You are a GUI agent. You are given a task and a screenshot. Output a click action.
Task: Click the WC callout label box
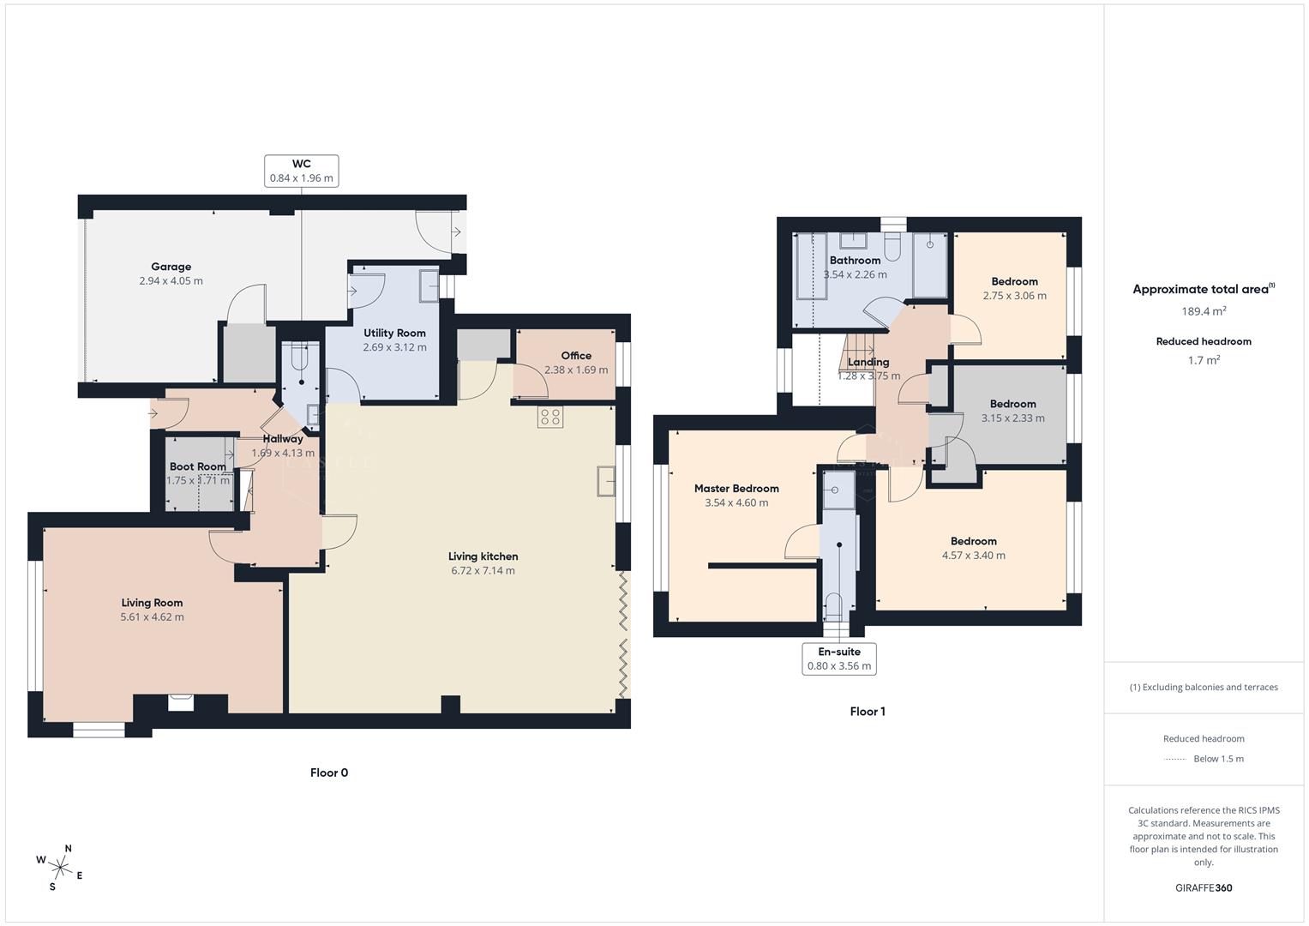pos(301,171)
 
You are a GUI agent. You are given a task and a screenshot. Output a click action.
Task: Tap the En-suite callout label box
pos(838,658)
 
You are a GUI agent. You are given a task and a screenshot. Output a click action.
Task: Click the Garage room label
pos(171,267)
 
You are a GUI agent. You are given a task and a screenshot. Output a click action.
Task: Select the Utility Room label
pos(394,333)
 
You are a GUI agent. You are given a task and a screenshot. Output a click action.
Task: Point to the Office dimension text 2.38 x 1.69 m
pos(576,370)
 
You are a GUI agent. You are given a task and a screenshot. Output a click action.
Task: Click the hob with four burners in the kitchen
pos(550,418)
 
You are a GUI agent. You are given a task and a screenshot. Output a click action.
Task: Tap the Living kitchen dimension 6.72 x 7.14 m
pos(483,571)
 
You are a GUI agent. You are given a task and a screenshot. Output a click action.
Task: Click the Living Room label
pos(152,603)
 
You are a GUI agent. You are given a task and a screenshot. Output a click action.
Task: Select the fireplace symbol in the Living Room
pos(181,702)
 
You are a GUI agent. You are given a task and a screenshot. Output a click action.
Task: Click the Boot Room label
pos(197,466)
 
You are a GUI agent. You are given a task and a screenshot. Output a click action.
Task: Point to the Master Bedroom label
pos(736,489)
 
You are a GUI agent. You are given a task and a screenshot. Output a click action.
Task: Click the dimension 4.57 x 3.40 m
pos(973,556)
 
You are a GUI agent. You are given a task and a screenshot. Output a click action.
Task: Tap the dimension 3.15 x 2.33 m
pos(1012,418)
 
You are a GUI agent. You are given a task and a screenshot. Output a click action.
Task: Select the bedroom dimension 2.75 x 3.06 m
pos(1014,296)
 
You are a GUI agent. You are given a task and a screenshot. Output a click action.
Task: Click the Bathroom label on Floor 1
pos(855,261)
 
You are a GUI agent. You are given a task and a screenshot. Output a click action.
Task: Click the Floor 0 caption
pos(329,773)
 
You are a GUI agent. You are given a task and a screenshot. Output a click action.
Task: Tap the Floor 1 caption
pos(868,712)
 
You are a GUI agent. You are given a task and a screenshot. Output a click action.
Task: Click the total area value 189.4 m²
pos(1204,311)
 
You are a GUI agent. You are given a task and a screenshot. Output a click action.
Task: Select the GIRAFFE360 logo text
pos(1204,887)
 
